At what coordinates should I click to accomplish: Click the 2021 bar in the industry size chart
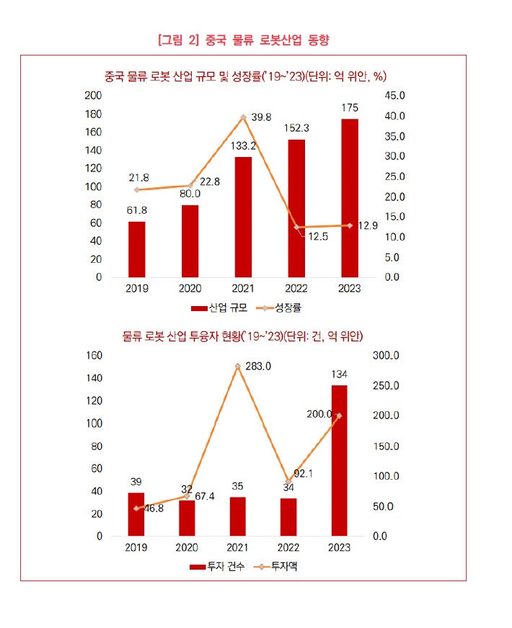(x=243, y=217)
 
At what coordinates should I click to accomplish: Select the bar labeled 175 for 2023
(x=350, y=198)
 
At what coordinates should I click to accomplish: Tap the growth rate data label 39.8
(x=262, y=117)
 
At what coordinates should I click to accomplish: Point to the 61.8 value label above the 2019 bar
(x=137, y=210)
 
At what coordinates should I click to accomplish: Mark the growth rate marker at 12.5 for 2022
(x=296, y=227)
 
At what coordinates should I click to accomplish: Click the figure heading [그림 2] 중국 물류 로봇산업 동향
(x=243, y=40)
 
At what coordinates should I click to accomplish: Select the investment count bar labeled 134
(x=338, y=461)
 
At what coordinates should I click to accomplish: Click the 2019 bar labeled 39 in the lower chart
(x=136, y=515)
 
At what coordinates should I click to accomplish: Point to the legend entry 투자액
(x=283, y=567)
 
